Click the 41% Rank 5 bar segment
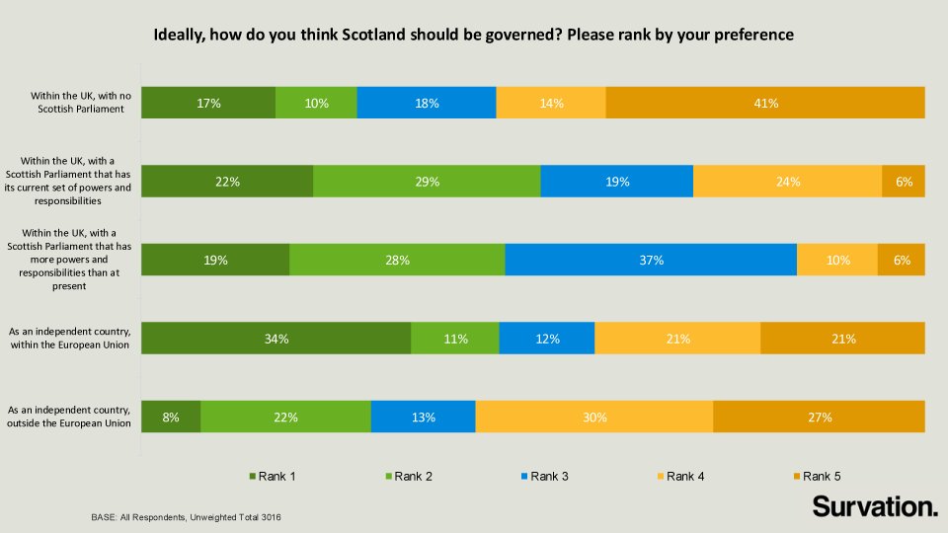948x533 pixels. coord(765,103)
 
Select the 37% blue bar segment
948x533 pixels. coord(650,260)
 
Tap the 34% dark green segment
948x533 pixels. coord(276,339)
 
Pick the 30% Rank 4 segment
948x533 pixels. coord(593,417)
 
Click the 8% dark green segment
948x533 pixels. coord(171,417)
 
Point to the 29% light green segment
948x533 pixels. coord(427,182)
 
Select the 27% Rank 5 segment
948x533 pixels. coord(819,417)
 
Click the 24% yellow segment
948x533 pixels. coord(787,182)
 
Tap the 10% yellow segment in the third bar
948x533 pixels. coord(836,260)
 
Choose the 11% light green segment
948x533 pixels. coord(455,339)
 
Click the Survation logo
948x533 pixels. coord(874,507)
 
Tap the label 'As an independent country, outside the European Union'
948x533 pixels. coord(70,417)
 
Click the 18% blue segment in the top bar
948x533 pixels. coord(427,103)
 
